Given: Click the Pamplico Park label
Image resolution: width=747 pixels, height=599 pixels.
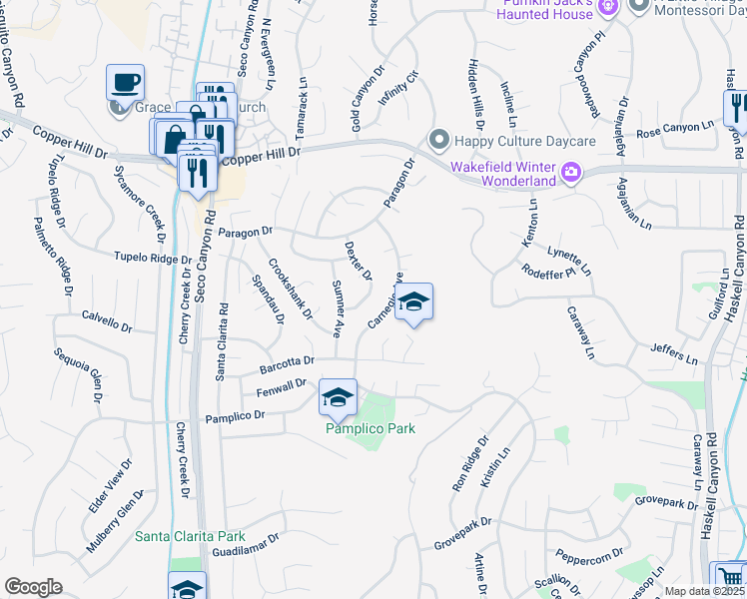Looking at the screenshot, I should click(x=370, y=428).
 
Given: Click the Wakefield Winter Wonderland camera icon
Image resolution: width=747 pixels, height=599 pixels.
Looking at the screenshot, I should click(x=570, y=173).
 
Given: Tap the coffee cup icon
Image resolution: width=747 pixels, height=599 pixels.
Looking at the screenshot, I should click(x=126, y=82).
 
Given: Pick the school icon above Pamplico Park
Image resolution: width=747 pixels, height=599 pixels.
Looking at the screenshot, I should click(x=339, y=397).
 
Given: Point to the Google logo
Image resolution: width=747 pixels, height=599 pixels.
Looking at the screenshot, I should click(x=34, y=587).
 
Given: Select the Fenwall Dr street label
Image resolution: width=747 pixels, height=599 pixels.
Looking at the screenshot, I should click(x=280, y=386).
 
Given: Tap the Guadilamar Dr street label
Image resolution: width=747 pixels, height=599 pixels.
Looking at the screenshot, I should click(x=246, y=543).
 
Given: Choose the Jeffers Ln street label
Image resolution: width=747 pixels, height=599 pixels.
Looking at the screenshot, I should click(x=673, y=351).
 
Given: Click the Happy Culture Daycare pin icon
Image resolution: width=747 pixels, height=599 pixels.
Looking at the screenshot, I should click(x=436, y=138).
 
